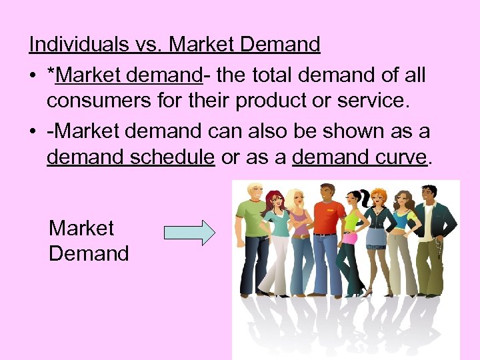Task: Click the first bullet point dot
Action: tap(33, 76)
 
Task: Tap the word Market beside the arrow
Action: tap(81, 228)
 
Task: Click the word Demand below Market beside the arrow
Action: tap(89, 253)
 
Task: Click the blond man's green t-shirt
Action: tap(251, 219)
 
